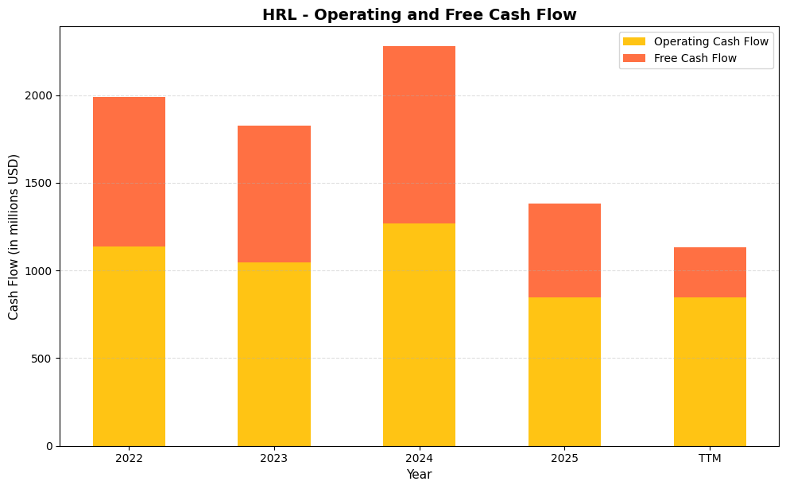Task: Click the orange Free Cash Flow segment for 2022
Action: point(129,172)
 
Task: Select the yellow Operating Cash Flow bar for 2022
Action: point(129,346)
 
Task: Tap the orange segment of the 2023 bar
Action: point(274,194)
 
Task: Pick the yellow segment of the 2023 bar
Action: point(274,354)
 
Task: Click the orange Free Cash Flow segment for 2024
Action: point(419,135)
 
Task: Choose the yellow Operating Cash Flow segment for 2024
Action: point(419,334)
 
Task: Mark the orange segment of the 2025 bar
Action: point(564,250)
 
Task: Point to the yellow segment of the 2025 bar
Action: point(564,371)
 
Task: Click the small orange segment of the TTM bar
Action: point(710,272)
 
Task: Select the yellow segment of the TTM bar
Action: point(710,371)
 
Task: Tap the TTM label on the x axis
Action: point(710,459)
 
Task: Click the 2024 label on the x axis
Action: point(419,459)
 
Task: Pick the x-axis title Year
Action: point(419,475)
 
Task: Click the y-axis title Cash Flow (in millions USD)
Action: point(14,237)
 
